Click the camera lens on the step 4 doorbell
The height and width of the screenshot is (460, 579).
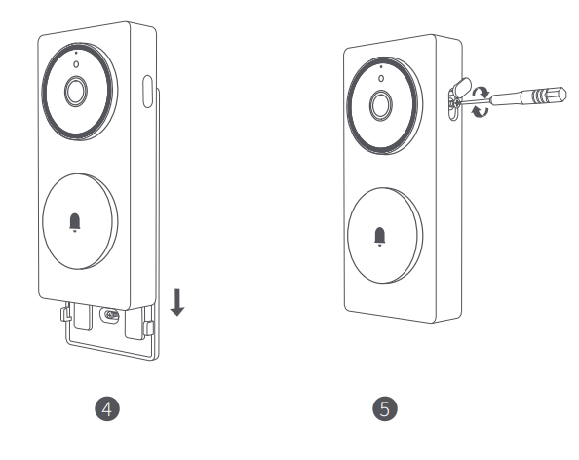pyautogui.click(x=75, y=92)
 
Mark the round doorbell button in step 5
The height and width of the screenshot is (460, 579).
pyautogui.click(x=382, y=235)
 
